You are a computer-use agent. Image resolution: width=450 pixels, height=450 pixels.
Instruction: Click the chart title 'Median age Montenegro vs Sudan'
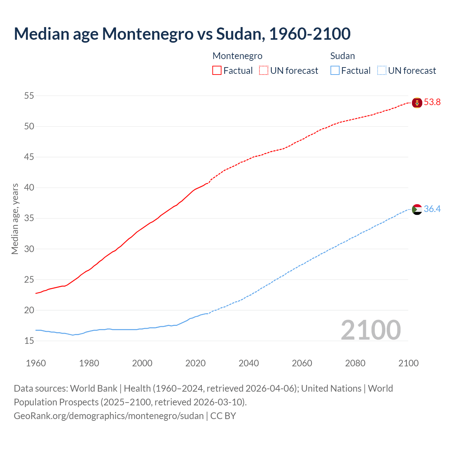182,34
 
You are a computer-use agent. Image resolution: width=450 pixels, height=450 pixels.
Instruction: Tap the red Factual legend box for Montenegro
217,71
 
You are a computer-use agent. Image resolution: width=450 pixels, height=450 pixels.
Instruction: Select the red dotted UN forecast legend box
264,71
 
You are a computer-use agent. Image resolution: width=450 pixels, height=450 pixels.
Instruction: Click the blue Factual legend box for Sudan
335,71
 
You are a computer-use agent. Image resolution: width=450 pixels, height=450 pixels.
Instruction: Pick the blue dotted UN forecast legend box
381,71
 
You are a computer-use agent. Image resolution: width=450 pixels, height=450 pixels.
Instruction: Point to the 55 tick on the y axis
29,96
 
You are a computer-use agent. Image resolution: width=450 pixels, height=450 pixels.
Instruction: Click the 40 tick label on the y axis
29,188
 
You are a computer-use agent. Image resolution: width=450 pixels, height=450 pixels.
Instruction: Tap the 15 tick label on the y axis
29,341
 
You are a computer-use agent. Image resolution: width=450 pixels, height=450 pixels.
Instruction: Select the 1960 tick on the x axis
36,363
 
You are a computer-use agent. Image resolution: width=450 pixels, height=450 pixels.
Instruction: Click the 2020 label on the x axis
195,363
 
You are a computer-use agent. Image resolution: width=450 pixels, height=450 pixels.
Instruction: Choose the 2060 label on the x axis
302,363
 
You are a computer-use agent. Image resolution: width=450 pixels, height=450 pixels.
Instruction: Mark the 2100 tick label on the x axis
409,363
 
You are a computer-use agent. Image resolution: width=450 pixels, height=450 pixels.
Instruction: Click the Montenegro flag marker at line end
417,103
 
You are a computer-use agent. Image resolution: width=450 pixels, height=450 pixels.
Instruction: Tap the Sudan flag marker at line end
417,210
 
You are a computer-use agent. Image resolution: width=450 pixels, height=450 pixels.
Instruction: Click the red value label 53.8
432,102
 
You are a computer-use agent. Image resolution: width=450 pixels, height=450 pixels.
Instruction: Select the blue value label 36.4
432,209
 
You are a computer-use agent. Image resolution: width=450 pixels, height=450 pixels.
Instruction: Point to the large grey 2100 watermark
371,330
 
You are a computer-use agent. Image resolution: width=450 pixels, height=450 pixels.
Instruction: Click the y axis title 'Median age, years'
15,219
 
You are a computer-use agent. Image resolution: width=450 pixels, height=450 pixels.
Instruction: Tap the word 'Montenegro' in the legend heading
238,56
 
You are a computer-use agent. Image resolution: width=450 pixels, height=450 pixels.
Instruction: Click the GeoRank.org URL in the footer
109,416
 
